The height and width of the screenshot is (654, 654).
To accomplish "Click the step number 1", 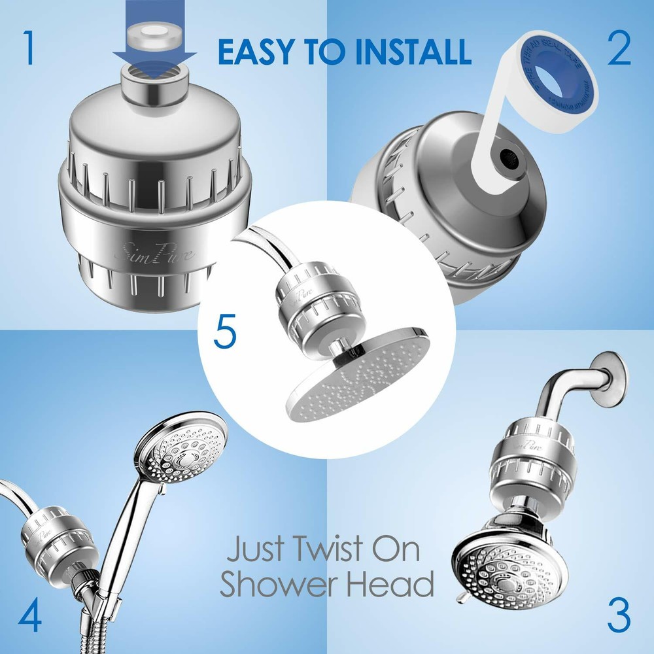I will point(27,48).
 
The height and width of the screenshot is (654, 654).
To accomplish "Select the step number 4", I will point(30,615).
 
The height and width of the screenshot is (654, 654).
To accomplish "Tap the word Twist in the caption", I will point(326,551).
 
